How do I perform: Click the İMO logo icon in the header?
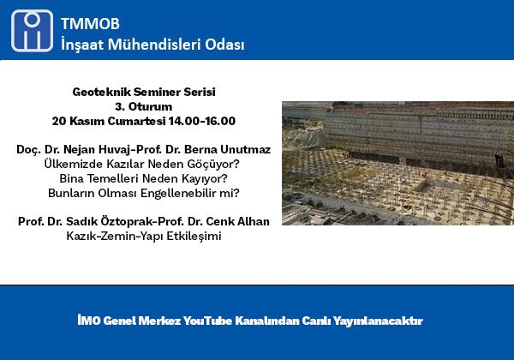32,31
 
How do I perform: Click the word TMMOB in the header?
90,24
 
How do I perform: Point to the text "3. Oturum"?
144,106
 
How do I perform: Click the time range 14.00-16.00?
202,121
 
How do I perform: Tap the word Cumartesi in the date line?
136,121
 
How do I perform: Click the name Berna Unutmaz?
228,149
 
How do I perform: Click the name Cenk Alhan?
237,222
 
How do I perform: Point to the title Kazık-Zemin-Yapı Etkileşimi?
144,236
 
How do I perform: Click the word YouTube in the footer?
207,321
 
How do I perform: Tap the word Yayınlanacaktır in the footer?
378,321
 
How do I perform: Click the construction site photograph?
397,163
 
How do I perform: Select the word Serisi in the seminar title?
200,92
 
